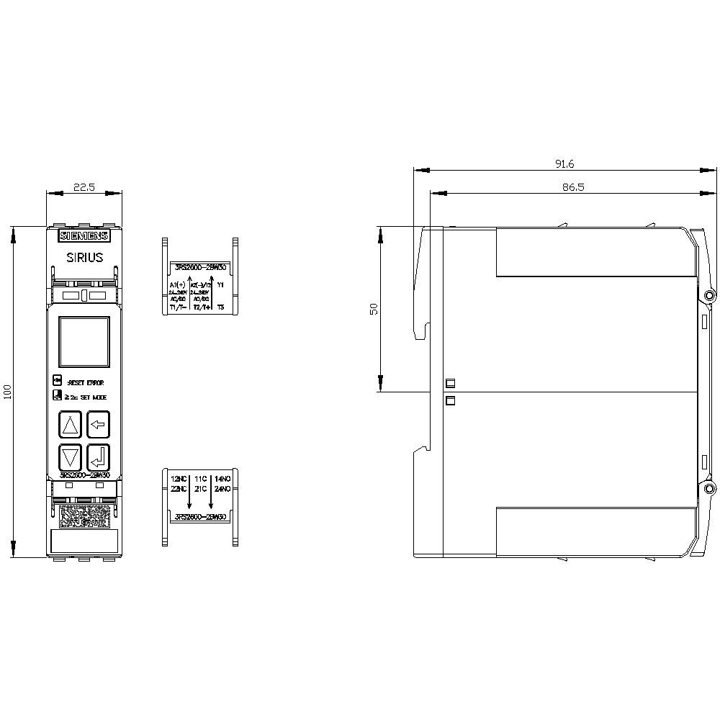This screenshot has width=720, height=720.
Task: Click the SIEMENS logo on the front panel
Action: (84, 236)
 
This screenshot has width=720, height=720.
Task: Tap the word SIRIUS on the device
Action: (84, 258)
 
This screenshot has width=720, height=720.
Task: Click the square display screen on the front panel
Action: (84, 343)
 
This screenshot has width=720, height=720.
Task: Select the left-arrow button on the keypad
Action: (98, 425)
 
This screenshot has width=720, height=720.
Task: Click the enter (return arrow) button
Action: (98, 456)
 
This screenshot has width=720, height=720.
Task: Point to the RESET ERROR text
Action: (85, 383)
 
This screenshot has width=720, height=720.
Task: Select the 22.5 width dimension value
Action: (84, 187)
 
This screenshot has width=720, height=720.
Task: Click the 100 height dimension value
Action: (8, 392)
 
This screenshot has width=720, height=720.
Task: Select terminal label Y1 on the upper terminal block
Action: (220, 286)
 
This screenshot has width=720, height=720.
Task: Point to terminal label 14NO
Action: (222, 479)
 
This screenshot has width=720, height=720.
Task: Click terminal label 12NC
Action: (178, 479)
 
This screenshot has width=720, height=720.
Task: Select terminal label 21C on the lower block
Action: (201, 490)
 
